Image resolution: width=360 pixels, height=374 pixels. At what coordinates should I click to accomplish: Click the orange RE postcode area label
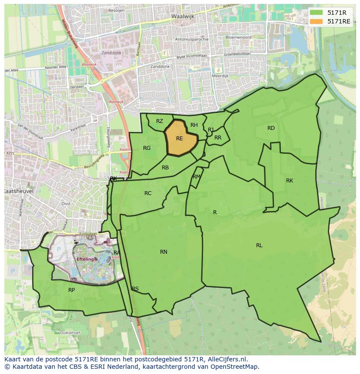click(x=179, y=139)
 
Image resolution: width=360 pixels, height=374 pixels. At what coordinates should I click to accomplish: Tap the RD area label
click(x=271, y=128)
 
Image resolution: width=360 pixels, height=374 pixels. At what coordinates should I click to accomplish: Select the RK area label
click(x=290, y=181)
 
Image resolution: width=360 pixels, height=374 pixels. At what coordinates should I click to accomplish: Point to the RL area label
click(x=259, y=245)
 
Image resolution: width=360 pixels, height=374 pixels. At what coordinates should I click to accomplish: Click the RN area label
click(x=163, y=252)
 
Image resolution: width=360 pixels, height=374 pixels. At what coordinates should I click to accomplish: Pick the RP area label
click(x=71, y=290)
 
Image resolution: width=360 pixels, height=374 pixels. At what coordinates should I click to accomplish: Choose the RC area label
click(x=148, y=193)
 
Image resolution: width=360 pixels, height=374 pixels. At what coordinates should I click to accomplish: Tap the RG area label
click(x=147, y=148)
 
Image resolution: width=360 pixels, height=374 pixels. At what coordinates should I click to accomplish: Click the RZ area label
click(x=160, y=121)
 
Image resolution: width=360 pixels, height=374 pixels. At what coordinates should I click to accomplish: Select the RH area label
click(x=194, y=125)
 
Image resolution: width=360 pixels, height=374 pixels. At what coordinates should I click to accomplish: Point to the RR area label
click(x=218, y=138)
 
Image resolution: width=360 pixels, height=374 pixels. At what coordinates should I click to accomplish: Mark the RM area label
click(x=197, y=176)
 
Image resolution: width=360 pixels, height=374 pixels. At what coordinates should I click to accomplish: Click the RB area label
click(x=165, y=168)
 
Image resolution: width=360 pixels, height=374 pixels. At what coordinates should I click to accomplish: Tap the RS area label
click(x=135, y=289)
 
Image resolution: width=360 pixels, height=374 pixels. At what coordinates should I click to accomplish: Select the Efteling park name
click(x=85, y=259)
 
